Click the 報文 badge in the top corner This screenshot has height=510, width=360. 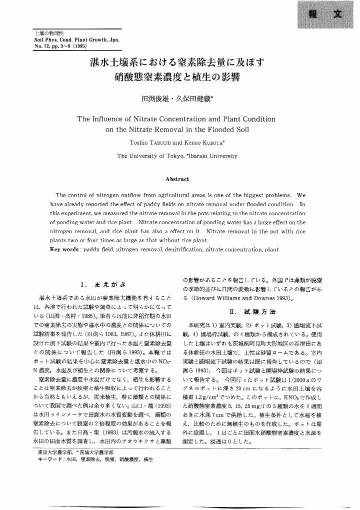point(325,15)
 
